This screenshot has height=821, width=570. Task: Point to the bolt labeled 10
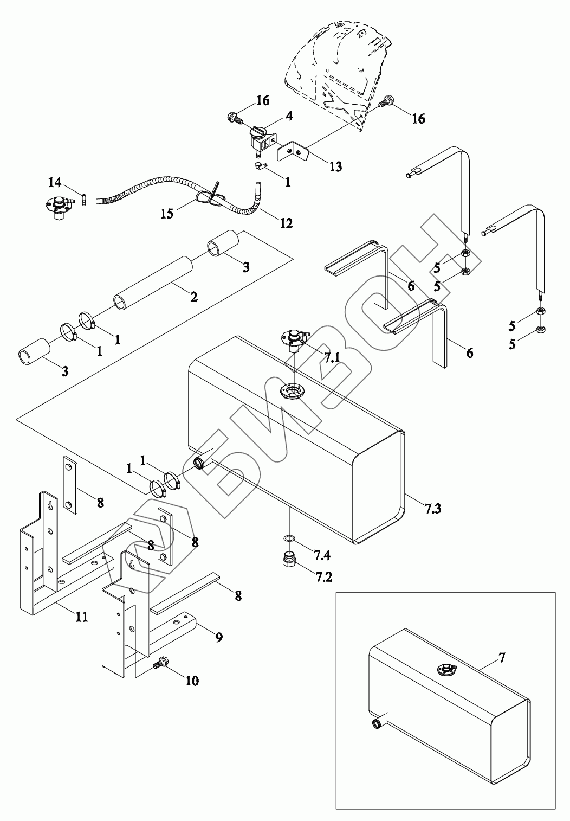click(159, 662)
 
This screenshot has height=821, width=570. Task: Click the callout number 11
click(81, 616)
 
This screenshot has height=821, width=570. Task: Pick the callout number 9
click(218, 637)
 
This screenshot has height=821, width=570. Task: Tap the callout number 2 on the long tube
click(193, 297)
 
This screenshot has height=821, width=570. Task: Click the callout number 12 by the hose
click(286, 223)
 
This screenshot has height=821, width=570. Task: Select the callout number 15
click(167, 214)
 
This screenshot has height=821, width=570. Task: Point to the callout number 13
click(335, 166)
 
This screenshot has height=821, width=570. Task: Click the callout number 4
click(289, 116)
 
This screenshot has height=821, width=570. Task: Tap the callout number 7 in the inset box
click(502, 658)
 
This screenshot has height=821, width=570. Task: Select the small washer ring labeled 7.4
click(290, 538)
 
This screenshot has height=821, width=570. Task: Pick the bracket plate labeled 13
click(292, 151)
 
